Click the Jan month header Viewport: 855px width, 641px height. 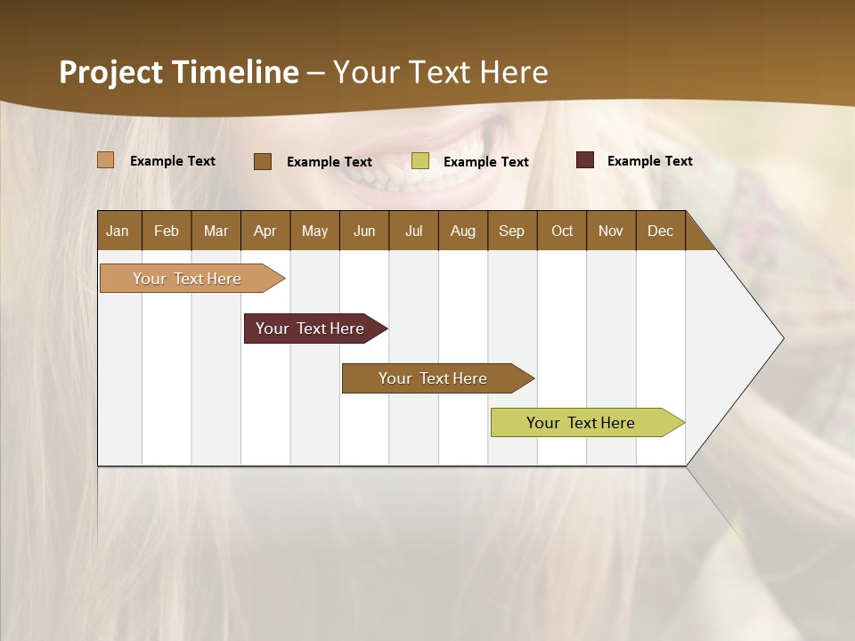(118, 231)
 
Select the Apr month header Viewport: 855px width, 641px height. (265, 231)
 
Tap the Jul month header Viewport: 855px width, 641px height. (413, 231)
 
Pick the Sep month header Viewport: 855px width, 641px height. (511, 231)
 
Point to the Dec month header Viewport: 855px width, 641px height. (660, 231)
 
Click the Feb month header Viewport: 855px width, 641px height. (167, 231)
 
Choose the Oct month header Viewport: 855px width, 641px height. (562, 231)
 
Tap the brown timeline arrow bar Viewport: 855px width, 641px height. (434, 378)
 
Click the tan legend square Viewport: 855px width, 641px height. (105, 160)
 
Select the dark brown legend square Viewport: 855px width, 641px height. (262, 161)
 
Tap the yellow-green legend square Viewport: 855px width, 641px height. (419, 161)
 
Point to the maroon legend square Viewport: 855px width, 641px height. (584, 160)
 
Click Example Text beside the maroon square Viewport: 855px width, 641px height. (649, 161)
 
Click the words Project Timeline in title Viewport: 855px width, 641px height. (179, 72)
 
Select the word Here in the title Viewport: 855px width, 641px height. (515, 72)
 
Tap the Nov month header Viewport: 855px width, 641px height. (611, 231)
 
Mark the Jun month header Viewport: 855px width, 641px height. (364, 231)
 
